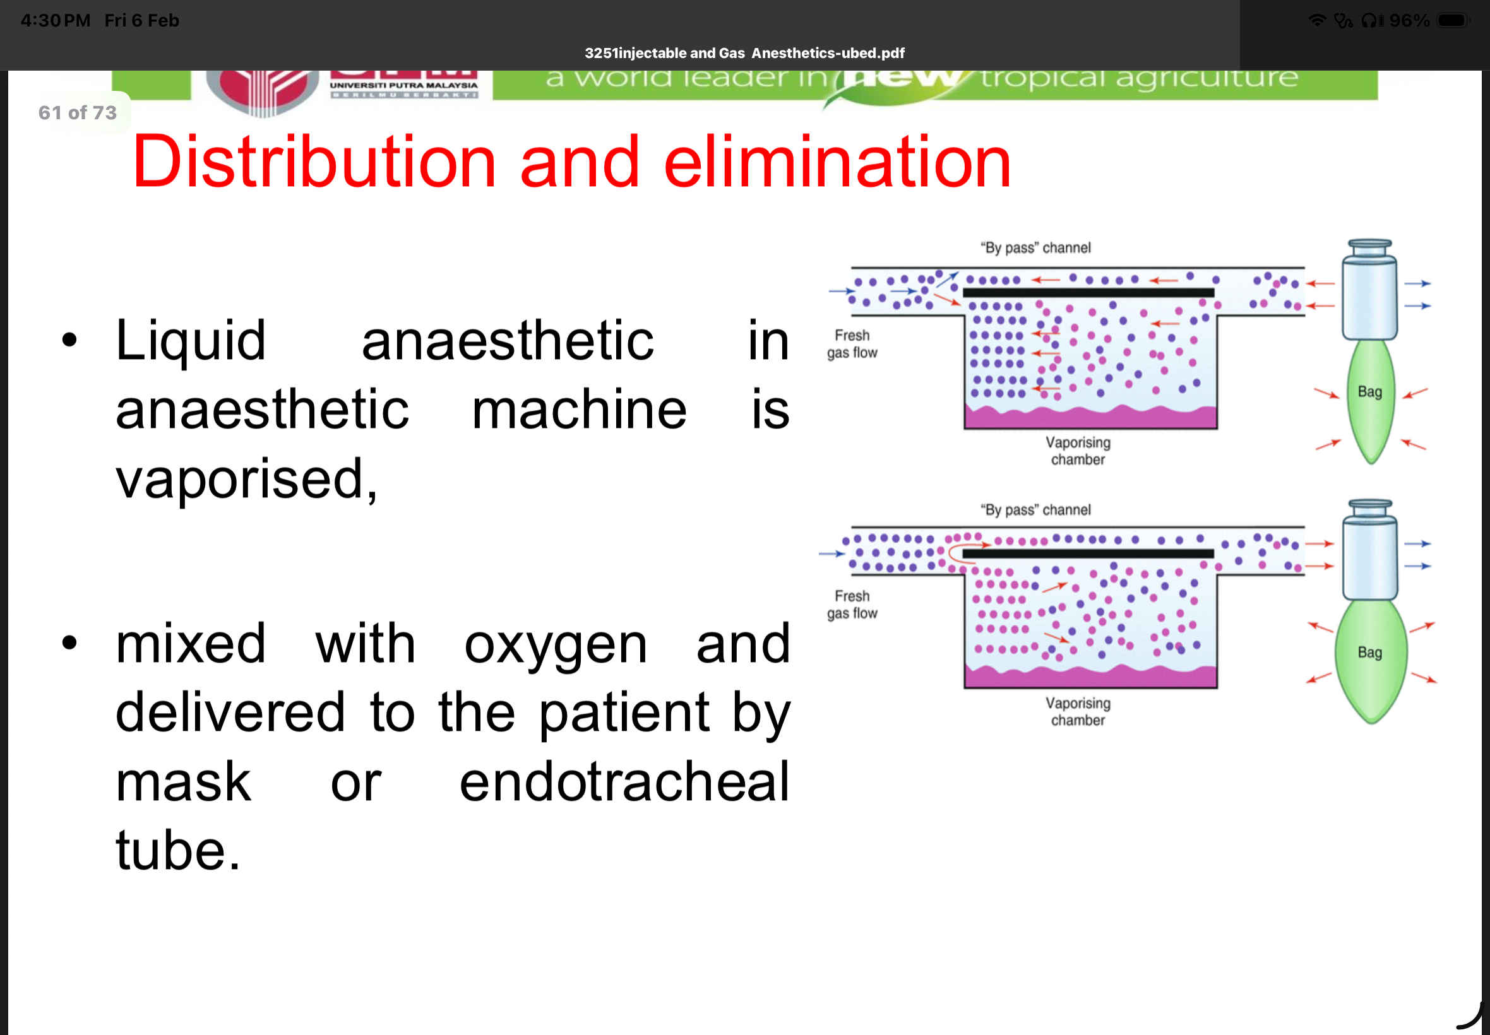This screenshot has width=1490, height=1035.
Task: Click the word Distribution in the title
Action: click(x=314, y=162)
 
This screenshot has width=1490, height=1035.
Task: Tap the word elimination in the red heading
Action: click(x=837, y=162)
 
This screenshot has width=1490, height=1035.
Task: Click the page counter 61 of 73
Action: click(x=77, y=113)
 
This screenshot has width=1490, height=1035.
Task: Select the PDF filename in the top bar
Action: click(x=744, y=53)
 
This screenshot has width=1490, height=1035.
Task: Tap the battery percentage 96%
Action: click(x=1409, y=21)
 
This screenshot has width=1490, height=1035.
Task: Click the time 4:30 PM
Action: click(x=56, y=21)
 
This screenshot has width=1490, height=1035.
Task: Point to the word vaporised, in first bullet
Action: click(x=246, y=480)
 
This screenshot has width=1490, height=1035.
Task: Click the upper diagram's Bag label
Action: click(x=1369, y=392)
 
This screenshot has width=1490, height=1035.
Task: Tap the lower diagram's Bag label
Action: click(x=1369, y=653)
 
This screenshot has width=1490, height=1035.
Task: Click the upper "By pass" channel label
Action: click(x=1035, y=248)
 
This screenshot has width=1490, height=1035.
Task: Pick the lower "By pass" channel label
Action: click(x=1035, y=510)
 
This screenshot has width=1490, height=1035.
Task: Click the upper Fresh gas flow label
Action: click(x=852, y=345)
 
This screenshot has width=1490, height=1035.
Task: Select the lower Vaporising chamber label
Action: click(x=1078, y=711)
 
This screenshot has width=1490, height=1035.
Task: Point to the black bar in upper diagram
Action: click(x=1088, y=292)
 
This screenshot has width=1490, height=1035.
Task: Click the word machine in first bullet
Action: click(x=578, y=410)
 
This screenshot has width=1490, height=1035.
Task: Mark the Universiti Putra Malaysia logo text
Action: click(x=403, y=86)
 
